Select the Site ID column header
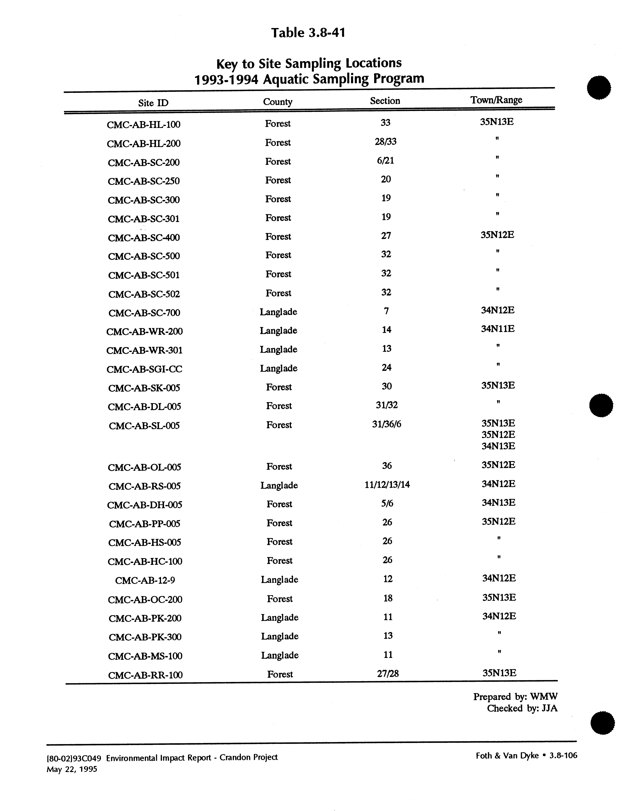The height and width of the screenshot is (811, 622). pos(153,103)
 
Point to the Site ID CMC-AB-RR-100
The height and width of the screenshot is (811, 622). pos(145,675)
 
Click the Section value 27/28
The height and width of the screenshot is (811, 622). pos(388,674)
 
